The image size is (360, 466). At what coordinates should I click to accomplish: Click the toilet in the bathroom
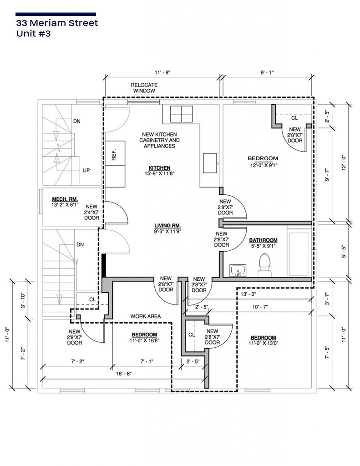[x=264, y=265]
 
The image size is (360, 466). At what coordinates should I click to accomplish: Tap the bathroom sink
[x=238, y=270]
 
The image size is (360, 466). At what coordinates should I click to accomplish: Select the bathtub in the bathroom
[x=299, y=254]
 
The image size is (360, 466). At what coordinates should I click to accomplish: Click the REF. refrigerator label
[x=114, y=155]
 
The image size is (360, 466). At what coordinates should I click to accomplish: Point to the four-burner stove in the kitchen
[x=181, y=114]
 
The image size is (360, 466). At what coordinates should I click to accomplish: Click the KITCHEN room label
[x=159, y=168]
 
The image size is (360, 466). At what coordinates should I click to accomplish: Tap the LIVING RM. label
[x=167, y=226]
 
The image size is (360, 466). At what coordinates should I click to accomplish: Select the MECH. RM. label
[x=65, y=199]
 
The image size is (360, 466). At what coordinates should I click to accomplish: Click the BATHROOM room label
[x=263, y=240]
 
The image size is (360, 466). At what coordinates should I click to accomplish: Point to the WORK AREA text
[x=145, y=316]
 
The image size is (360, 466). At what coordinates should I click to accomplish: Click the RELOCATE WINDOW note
[x=144, y=88]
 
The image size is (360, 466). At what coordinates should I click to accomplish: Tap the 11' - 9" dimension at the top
[x=162, y=72]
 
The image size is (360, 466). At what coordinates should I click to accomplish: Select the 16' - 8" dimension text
[x=124, y=374]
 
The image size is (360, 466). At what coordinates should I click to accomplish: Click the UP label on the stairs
[x=86, y=171]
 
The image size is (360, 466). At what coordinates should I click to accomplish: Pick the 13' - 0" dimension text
[x=248, y=294]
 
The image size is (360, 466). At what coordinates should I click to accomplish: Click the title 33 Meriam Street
[x=57, y=23]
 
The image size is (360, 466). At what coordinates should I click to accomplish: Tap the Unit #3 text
[x=34, y=33]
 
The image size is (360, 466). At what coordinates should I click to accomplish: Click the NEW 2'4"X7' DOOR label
[x=91, y=212]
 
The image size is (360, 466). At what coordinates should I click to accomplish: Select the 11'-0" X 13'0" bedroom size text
[x=264, y=343]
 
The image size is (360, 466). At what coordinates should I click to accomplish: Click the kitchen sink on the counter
[x=210, y=163]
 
